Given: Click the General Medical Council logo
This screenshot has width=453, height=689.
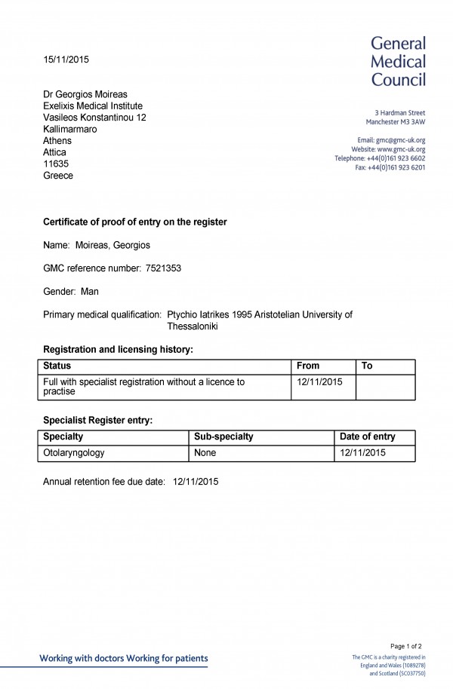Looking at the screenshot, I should (398, 61).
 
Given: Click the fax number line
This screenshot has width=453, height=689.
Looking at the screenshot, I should (390, 167).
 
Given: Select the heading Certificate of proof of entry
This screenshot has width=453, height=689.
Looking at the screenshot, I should (135, 222).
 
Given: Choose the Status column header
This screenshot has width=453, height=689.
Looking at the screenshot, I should (57, 366).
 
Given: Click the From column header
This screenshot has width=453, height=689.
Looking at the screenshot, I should (308, 366).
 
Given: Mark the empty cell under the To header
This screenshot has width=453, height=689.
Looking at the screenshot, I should (385, 386).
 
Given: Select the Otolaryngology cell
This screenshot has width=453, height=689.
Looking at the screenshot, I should (74, 453).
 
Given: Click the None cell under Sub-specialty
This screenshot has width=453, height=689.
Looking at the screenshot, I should (205, 453).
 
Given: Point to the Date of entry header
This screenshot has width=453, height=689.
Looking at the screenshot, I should (368, 436).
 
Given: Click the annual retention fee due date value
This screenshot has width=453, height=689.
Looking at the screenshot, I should (196, 481).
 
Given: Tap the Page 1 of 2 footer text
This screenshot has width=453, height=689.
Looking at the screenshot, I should (406, 646).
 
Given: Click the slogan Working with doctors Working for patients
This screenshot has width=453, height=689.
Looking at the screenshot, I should (123, 658).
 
